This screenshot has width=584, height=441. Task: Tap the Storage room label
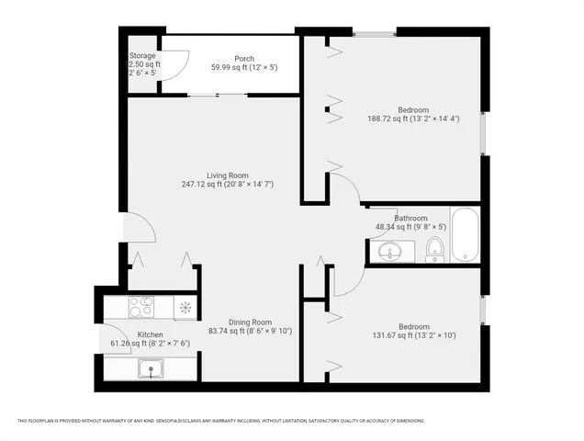click(142, 55)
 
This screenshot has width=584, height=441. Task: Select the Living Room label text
click(227, 175)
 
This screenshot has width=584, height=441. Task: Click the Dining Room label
click(251, 322)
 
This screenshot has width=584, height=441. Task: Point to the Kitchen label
click(150, 334)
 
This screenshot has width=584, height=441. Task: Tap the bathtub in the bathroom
click(465, 234)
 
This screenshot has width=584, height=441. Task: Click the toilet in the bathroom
click(435, 249)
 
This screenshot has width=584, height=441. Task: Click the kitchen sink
click(148, 369)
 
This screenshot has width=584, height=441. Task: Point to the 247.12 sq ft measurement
click(227, 184)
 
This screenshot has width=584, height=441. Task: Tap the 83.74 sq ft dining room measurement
click(251, 331)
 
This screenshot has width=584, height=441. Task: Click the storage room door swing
click(177, 64)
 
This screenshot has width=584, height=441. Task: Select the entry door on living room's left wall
click(138, 228)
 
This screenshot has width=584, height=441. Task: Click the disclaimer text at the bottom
click(220, 421)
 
